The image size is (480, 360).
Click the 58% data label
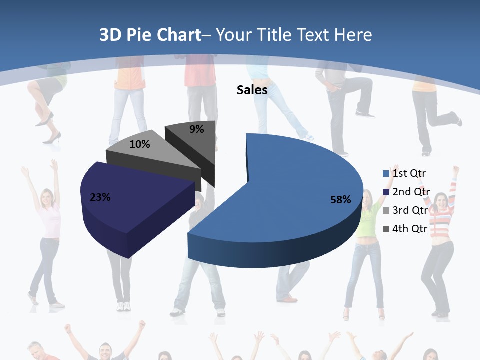click(340, 200)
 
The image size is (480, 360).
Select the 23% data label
click(100, 197)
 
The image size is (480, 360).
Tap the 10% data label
click(139, 144)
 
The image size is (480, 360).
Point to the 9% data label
click(197, 129)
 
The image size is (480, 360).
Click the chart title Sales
click(252, 90)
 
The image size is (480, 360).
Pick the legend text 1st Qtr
click(409, 173)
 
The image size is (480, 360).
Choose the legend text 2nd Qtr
click(411, 192)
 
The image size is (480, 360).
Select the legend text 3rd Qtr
click(410, 210)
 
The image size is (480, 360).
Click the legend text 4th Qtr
click(410, 229)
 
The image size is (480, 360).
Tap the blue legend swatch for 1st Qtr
click(386, 174)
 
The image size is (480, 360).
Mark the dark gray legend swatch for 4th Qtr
click(386, 229)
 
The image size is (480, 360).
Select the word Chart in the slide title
click(178, 35)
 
